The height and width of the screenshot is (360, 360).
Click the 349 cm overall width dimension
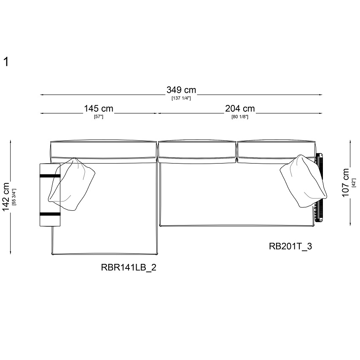[x=181, y=90]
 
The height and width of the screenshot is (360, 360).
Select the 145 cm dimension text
[x=99, y=109]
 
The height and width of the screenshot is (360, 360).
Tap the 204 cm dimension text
[x=240, y=109]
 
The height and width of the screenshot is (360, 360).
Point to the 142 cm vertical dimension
[x=5, y=197]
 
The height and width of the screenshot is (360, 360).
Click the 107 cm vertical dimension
[x=345, y=183]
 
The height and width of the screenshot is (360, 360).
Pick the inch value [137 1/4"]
[x=181, y=98]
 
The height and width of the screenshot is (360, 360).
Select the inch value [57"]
[x=99, y=117]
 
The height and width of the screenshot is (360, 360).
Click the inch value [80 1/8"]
[x=240, y=117]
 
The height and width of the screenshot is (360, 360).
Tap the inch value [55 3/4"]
[x=14, y=197]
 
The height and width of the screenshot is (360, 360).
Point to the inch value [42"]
[x=354, y=183]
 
